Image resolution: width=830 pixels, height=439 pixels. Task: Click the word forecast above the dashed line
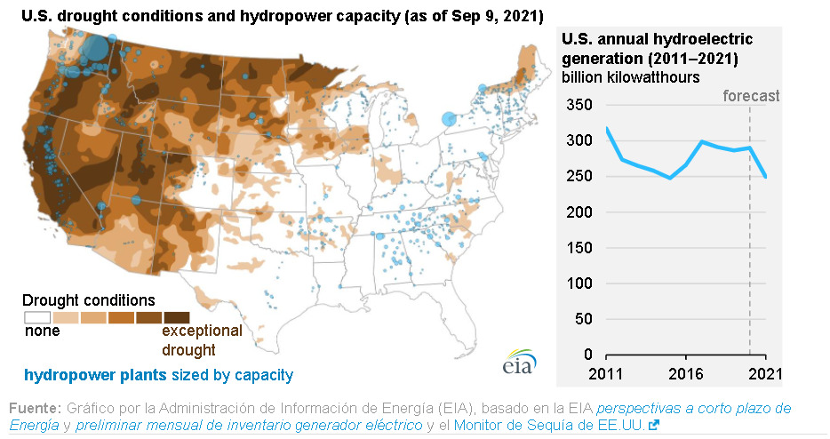[x=750, y=96]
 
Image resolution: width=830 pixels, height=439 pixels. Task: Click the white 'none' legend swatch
[x=36, y=316]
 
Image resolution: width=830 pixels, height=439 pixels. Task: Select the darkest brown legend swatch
[x=177, y=316]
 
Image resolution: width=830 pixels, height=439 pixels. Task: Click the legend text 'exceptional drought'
[x=201, y=339]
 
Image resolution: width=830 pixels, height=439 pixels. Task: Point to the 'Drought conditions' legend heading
[x=88, y=299]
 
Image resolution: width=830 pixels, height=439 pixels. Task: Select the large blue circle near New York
[x=449, y=118]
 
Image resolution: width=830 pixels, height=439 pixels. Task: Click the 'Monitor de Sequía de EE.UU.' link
[x=551, y=426]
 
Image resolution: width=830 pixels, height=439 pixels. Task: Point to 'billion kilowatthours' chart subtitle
[x=630, y=76]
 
